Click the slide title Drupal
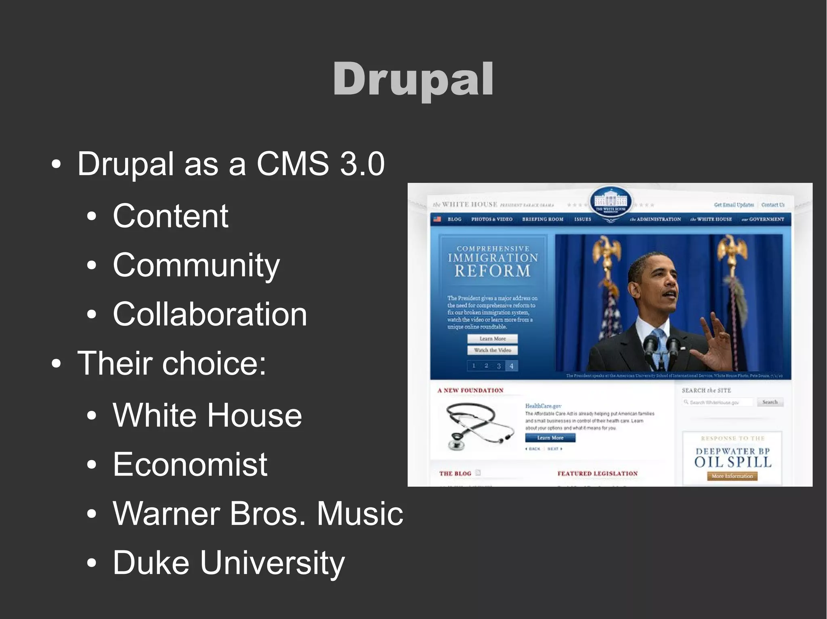click(x=413, y=79)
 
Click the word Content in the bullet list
click(x=170, y=216)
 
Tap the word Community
click(x=196, y=265)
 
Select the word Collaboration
click(x=210, y=314)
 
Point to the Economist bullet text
click(x=190, y=464)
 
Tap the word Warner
click(x=166, y=513)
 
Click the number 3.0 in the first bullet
click(x=362, y=164)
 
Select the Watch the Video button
click(x=493, y=350)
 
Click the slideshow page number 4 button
click(x=511, y=366)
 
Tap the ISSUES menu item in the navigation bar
click(x=582, y=219)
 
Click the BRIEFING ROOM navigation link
click(x=542, y=219)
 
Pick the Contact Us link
click(x=772, y=205)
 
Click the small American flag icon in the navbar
click(x=437, y=219)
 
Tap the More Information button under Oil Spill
click(x=732, y=476)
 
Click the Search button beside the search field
click(x=770, y=402)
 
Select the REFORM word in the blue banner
click(x=493, y=271)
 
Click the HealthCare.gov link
click(x=543, y=406)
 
